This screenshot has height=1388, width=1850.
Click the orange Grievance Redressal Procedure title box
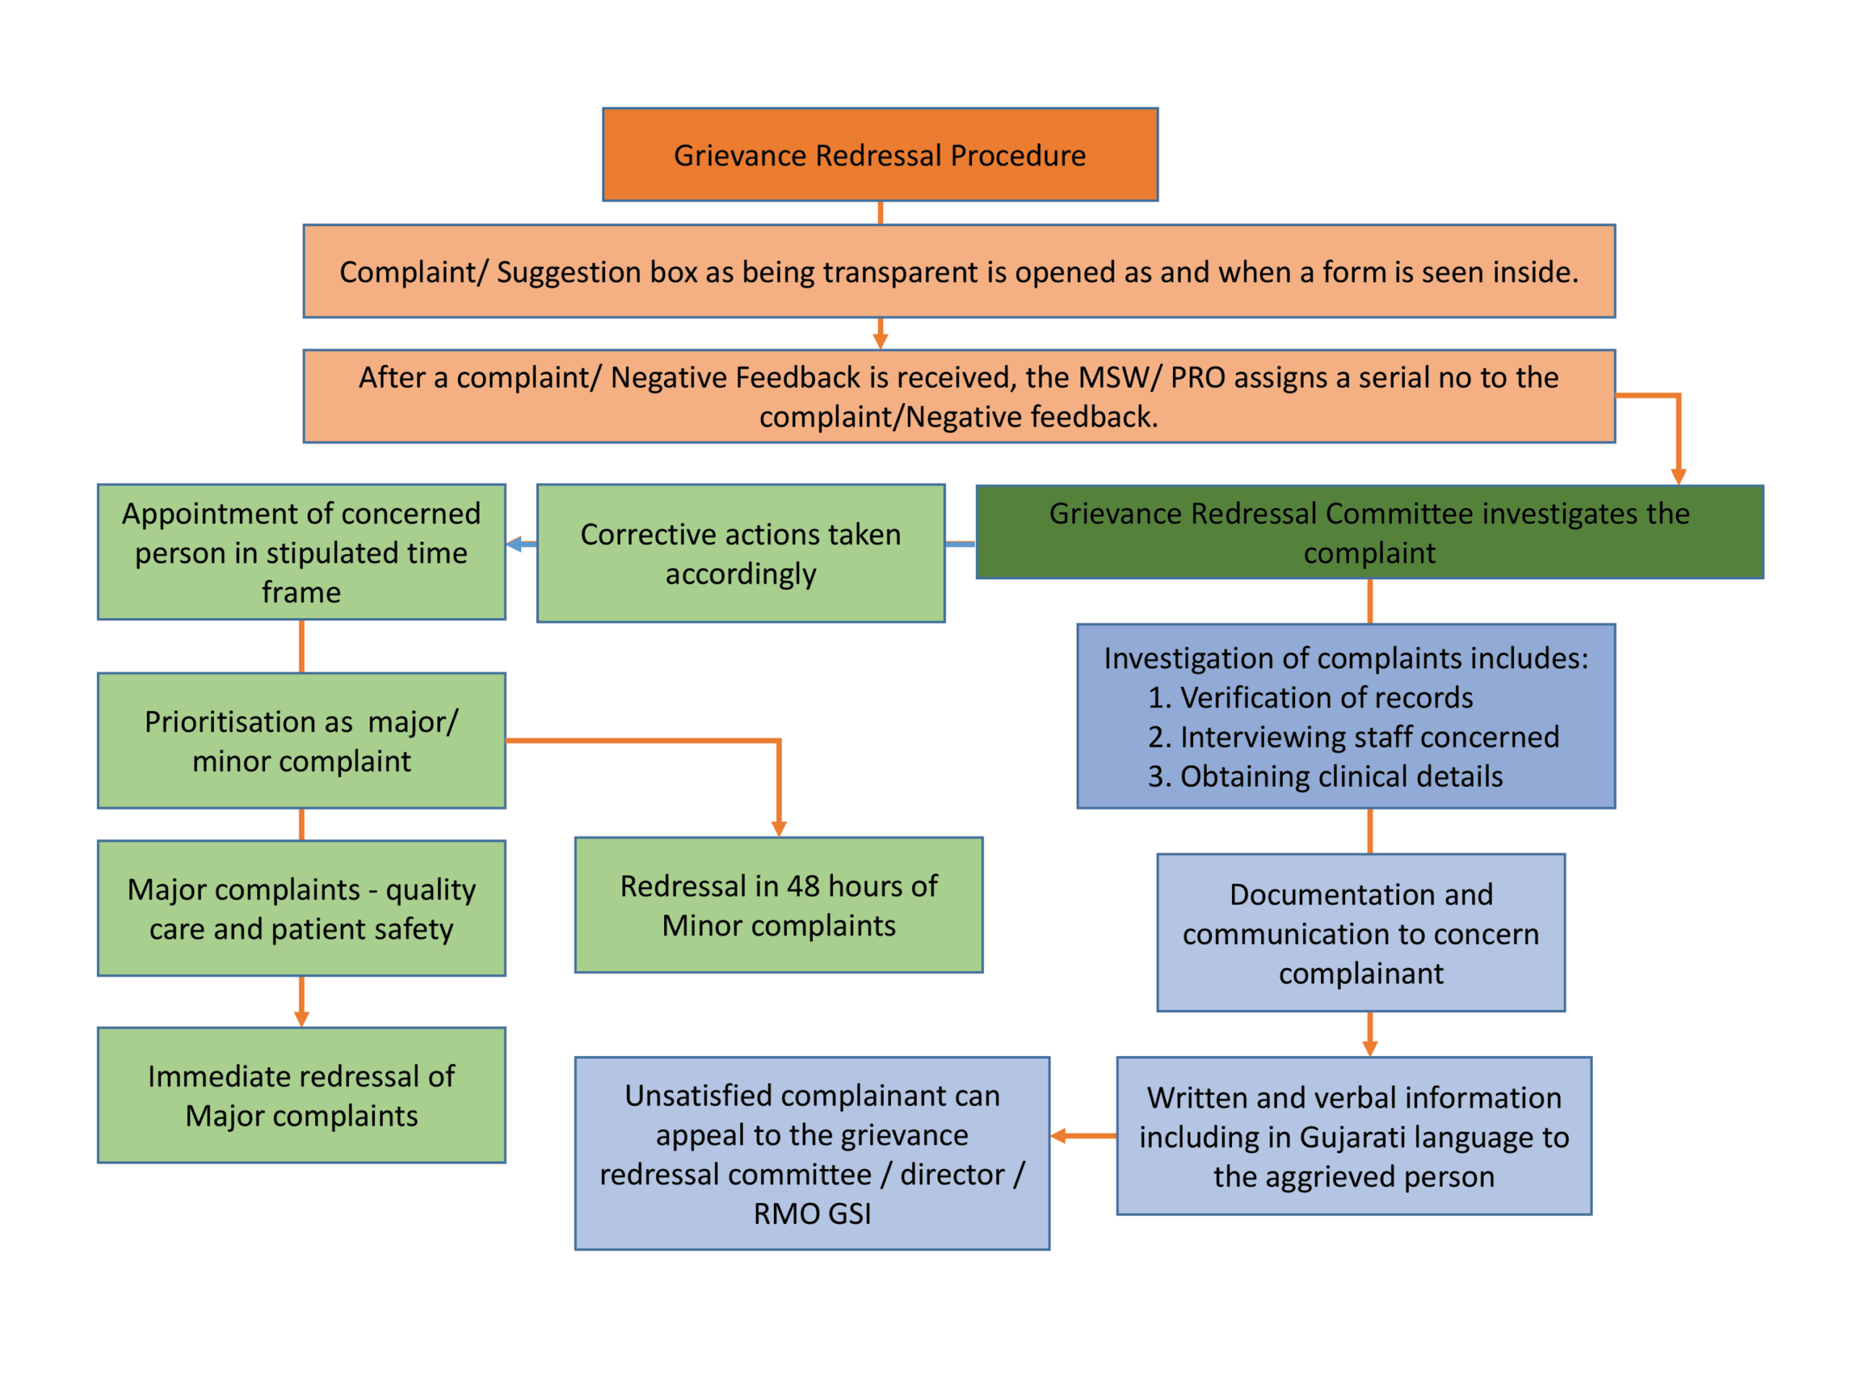tap(880, 155)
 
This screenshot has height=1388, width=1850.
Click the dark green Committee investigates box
tap(1369, 532)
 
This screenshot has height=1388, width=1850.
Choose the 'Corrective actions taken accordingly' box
tap(740, 553)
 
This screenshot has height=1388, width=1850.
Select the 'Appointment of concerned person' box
tap(301, 552)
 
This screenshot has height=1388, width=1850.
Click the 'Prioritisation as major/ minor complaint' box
tap(301, 740)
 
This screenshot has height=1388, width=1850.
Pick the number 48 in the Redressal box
tap(803, 886)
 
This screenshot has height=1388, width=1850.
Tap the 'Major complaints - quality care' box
tap(301, 909)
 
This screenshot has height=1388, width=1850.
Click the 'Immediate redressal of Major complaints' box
tap(301, 1095)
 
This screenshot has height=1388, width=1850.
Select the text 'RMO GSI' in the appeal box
tap(812, 1214)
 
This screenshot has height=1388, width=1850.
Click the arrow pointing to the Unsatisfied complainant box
tap(1083, 1136)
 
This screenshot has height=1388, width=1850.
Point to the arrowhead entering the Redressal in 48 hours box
tap(778, 828)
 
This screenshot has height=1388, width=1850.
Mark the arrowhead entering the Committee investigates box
tap(1678, 476)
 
